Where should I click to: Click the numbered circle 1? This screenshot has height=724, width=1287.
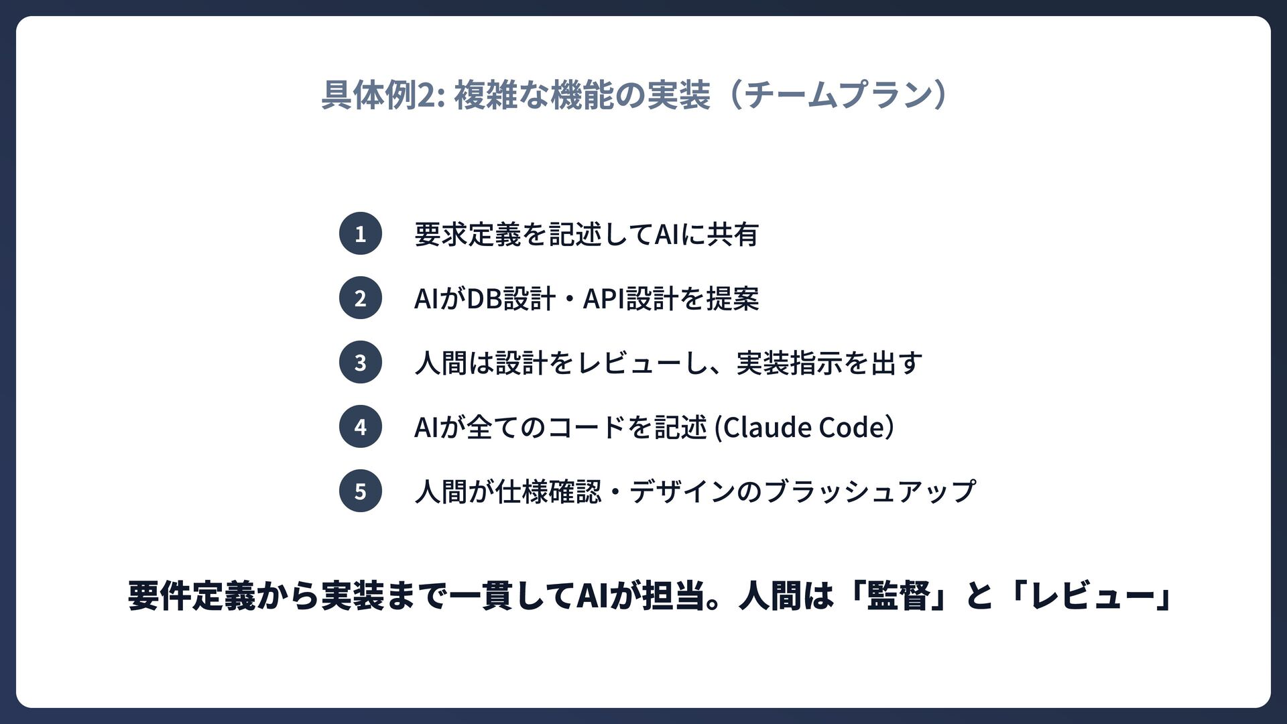coord(361,233)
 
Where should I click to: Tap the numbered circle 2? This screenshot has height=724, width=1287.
coord(361,298)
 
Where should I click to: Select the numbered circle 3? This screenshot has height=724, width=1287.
coord(361,362)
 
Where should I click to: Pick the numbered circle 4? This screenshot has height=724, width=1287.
coord(361,426)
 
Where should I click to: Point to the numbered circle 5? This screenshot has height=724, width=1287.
coord(361,491)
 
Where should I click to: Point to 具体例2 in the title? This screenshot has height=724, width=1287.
coord(378,95)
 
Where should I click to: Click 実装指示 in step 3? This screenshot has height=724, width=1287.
coord(789,363)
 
